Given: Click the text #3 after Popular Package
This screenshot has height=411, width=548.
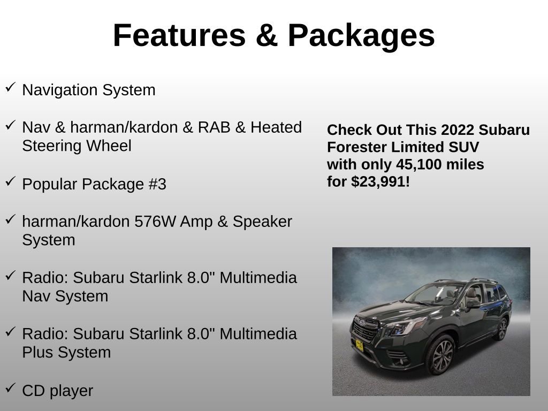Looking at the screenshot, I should click(157, 185).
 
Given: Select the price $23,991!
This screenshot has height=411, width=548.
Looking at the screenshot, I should click(380, 182).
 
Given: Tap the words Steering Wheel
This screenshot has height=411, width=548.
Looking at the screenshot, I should click(77, 146).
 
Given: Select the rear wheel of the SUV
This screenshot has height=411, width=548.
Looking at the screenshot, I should click(501, 329).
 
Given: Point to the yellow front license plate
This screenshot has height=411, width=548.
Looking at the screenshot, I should click(359, 345).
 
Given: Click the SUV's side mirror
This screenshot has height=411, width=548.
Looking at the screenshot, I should click(473, 305).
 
